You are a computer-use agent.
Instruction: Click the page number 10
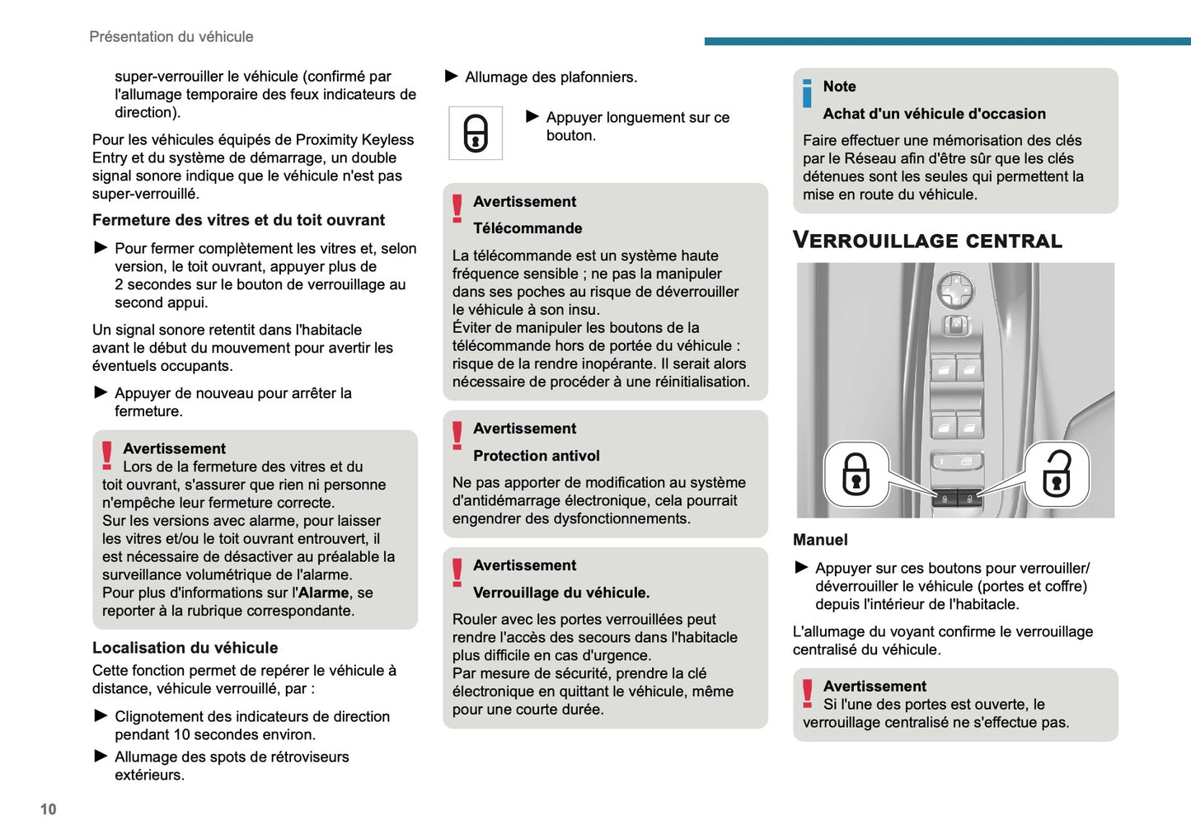49,809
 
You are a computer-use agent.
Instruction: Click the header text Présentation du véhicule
171,37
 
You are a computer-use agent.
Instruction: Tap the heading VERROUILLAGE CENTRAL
927,241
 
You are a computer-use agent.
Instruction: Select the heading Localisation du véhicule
185,648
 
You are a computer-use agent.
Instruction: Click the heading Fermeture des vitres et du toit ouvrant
238,220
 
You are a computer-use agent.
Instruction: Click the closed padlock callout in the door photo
856,475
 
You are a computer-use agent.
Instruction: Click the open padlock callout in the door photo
1057,475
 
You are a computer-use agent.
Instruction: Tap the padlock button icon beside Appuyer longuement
476,133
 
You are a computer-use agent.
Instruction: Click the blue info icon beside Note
807,93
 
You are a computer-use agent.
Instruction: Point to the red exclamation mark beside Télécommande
457,209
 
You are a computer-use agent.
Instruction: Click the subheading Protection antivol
536,456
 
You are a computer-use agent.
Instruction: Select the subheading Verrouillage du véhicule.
560,593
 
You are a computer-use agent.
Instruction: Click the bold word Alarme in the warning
323,593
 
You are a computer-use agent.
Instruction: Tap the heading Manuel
820,540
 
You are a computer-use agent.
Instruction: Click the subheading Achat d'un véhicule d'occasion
934,114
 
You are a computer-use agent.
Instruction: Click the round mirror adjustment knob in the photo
955,290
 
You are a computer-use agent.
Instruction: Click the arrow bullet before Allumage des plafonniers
452,77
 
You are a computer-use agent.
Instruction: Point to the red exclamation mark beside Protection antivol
457,435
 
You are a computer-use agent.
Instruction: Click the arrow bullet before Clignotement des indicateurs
101,715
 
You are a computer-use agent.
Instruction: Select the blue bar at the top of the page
947,41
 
